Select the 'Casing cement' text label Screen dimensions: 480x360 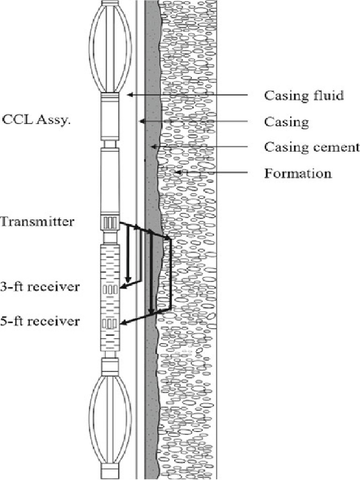[x=312, y=147]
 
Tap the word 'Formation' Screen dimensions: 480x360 [x=298, y=173]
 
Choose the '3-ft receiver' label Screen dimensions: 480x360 [x=39, y=286]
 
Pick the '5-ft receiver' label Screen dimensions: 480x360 [x=39, y=322]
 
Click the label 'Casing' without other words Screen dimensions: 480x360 [x=286, y=122]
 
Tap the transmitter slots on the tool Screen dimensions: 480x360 [x=110, y=223]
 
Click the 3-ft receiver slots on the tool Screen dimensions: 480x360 [x=110, y=289]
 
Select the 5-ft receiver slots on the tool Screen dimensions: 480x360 [x=110, y=323]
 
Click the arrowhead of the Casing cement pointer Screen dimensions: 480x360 [x=153, y=147]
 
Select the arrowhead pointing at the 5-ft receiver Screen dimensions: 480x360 [x=124, y=322]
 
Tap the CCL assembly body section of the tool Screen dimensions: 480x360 [x=111, y=120]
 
